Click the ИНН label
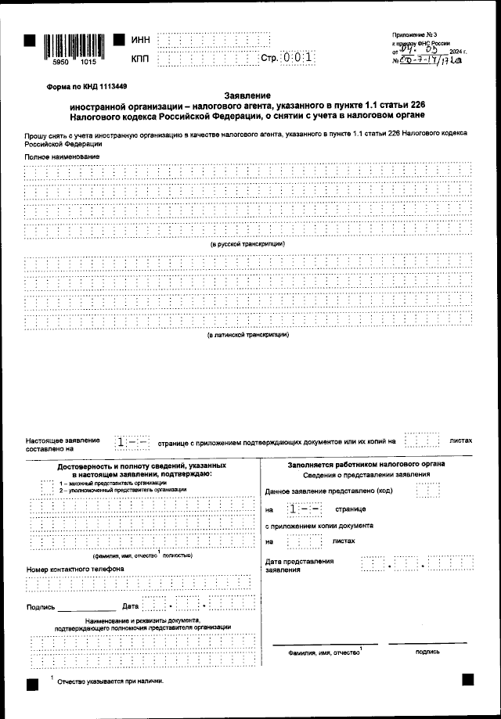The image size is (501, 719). [140, 40]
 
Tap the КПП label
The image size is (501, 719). [140, 59]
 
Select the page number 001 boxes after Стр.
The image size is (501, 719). [299, 58]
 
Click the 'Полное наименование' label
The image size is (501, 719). [62, 157]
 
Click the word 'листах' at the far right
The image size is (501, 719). [461, 440]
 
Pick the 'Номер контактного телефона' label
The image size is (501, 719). [64, 569]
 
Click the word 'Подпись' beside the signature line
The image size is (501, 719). [41, 607]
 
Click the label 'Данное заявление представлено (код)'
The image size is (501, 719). [329, 491]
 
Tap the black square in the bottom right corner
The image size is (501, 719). [467, 680]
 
